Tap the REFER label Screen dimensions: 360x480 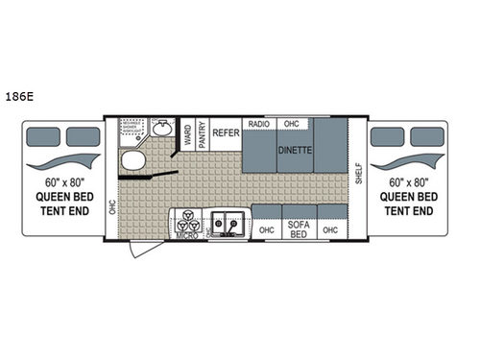[x=226, y=132]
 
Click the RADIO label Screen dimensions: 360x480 [x=258, y=125]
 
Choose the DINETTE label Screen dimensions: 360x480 [x=295, y=150]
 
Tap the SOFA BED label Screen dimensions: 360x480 [x=299, y=229]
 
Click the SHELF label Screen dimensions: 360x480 [x=358, y=174]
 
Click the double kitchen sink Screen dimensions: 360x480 [x=228, y=222]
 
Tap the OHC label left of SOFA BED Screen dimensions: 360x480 [x=266, y=229]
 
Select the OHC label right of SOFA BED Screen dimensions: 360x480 [x=331, y=229]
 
